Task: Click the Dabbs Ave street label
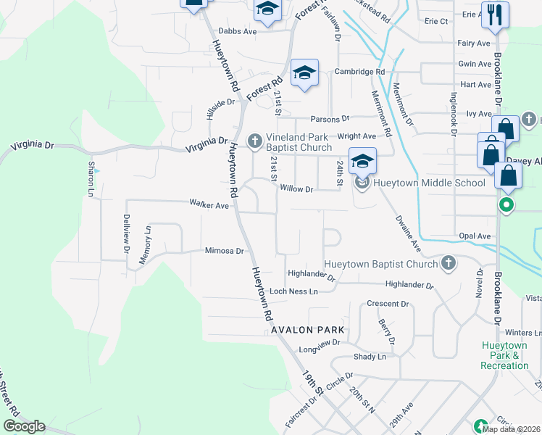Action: point(238,32)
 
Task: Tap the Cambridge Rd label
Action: point(359,72)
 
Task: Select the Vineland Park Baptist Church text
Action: point(299,142)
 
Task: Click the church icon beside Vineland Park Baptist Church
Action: point(254,141)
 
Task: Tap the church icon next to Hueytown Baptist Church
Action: point(448,264)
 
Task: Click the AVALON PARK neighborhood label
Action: point(307,330)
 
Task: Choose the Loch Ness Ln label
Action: point(293,291)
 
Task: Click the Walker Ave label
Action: point(209,206)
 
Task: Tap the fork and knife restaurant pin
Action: point(495,14)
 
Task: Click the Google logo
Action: point(24,426)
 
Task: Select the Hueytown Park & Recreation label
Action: point(505,355)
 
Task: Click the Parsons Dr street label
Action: point(330,118)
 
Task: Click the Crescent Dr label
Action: point(388,304)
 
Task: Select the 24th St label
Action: point(339,174)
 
